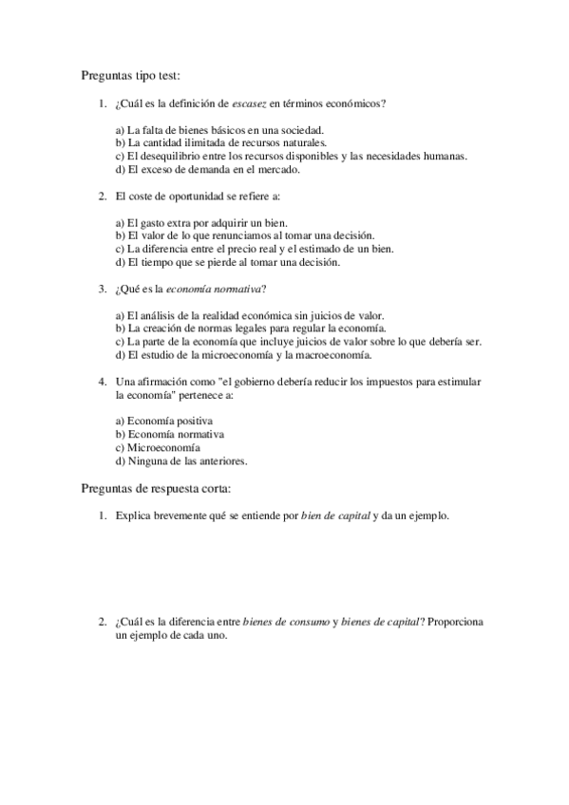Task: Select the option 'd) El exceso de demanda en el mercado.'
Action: [x=207, y=170]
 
